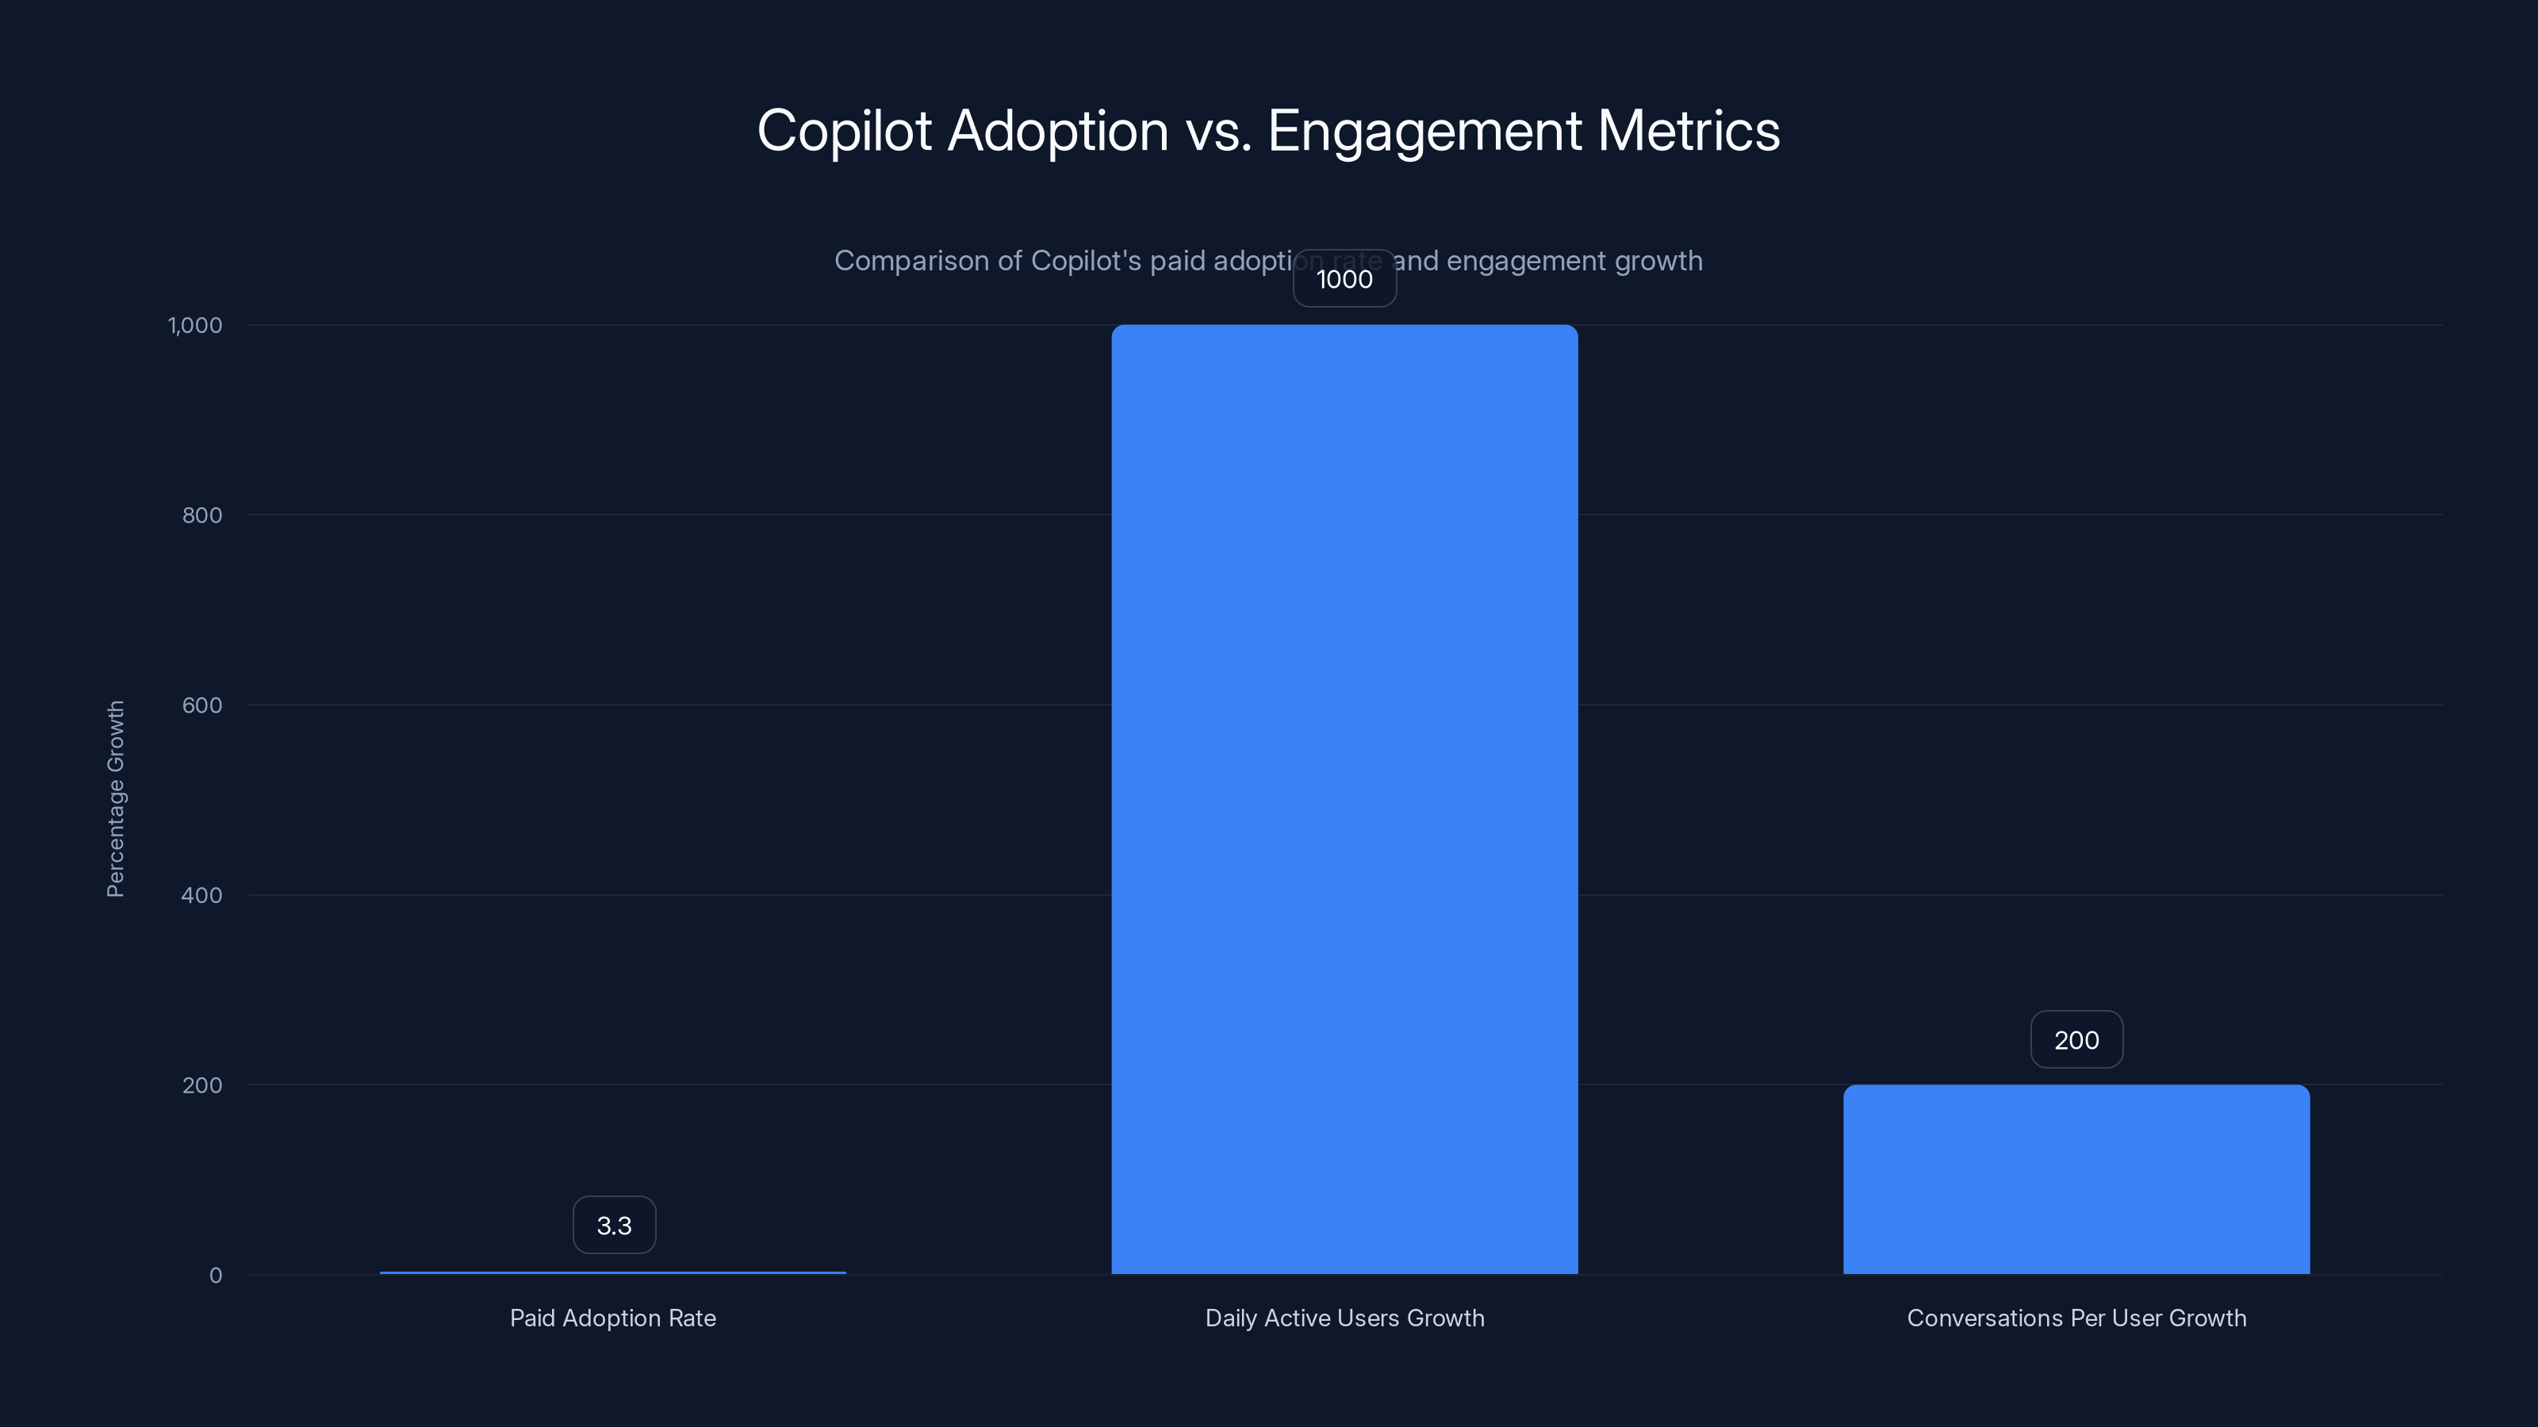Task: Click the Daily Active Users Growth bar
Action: (x=1344, y=798)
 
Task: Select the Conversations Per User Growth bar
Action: (x=2076, y=1179)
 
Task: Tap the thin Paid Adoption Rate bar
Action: (x=613, y=1272)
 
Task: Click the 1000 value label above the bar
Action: (x=1344, y=279)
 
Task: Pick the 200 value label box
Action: (x=2076, y=1040)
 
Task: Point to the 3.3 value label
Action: (x=614, y=1225)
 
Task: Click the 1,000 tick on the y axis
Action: (x=195, y=325)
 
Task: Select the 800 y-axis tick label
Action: (x=202, y=515)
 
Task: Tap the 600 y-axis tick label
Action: (x=202, y=705)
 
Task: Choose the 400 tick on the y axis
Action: (x=202, y=895)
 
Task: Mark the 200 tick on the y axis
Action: (x=202, y=1085)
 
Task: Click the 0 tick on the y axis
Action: (x=216, y=1276)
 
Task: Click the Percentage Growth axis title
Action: (x=115, y=798)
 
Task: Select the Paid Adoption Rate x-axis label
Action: (x=613, y=1318)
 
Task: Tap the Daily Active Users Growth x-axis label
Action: (x=1344, y=1318)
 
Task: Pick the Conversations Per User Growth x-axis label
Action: (x=2076, y=1318)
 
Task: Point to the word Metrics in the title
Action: (x=1688, y=131)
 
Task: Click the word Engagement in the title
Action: (x=1424, y=131)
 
